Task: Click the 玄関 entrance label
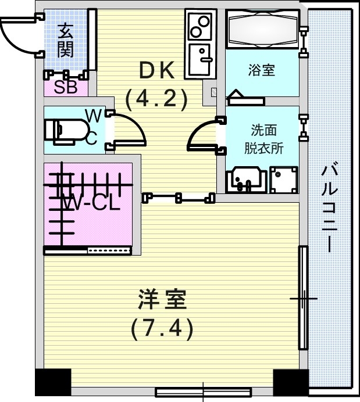(x=65, y=40)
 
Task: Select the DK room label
(x=155, y=70)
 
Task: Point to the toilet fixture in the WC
(x=64, y=130)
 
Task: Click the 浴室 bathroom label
(x=261, y=70)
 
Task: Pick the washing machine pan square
(x=283, y=180)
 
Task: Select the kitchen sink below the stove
(x=201, y=60)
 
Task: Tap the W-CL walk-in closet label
(x=90, y=204)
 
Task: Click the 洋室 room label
(x=161, y=301)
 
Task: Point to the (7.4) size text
(x=161, y=330)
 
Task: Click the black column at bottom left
(x=53, y=382)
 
